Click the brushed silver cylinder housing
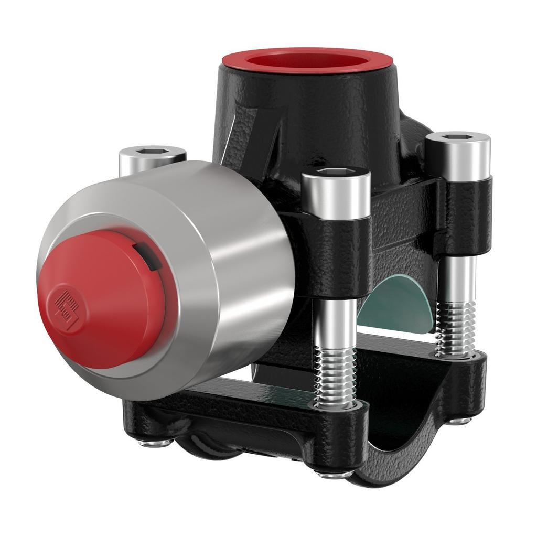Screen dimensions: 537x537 [x=231, y=273]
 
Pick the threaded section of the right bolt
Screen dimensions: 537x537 [x=455, y=328]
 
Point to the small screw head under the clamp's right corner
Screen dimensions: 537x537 [x=460, y=420]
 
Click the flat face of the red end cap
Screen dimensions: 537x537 [x=100, y=299]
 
